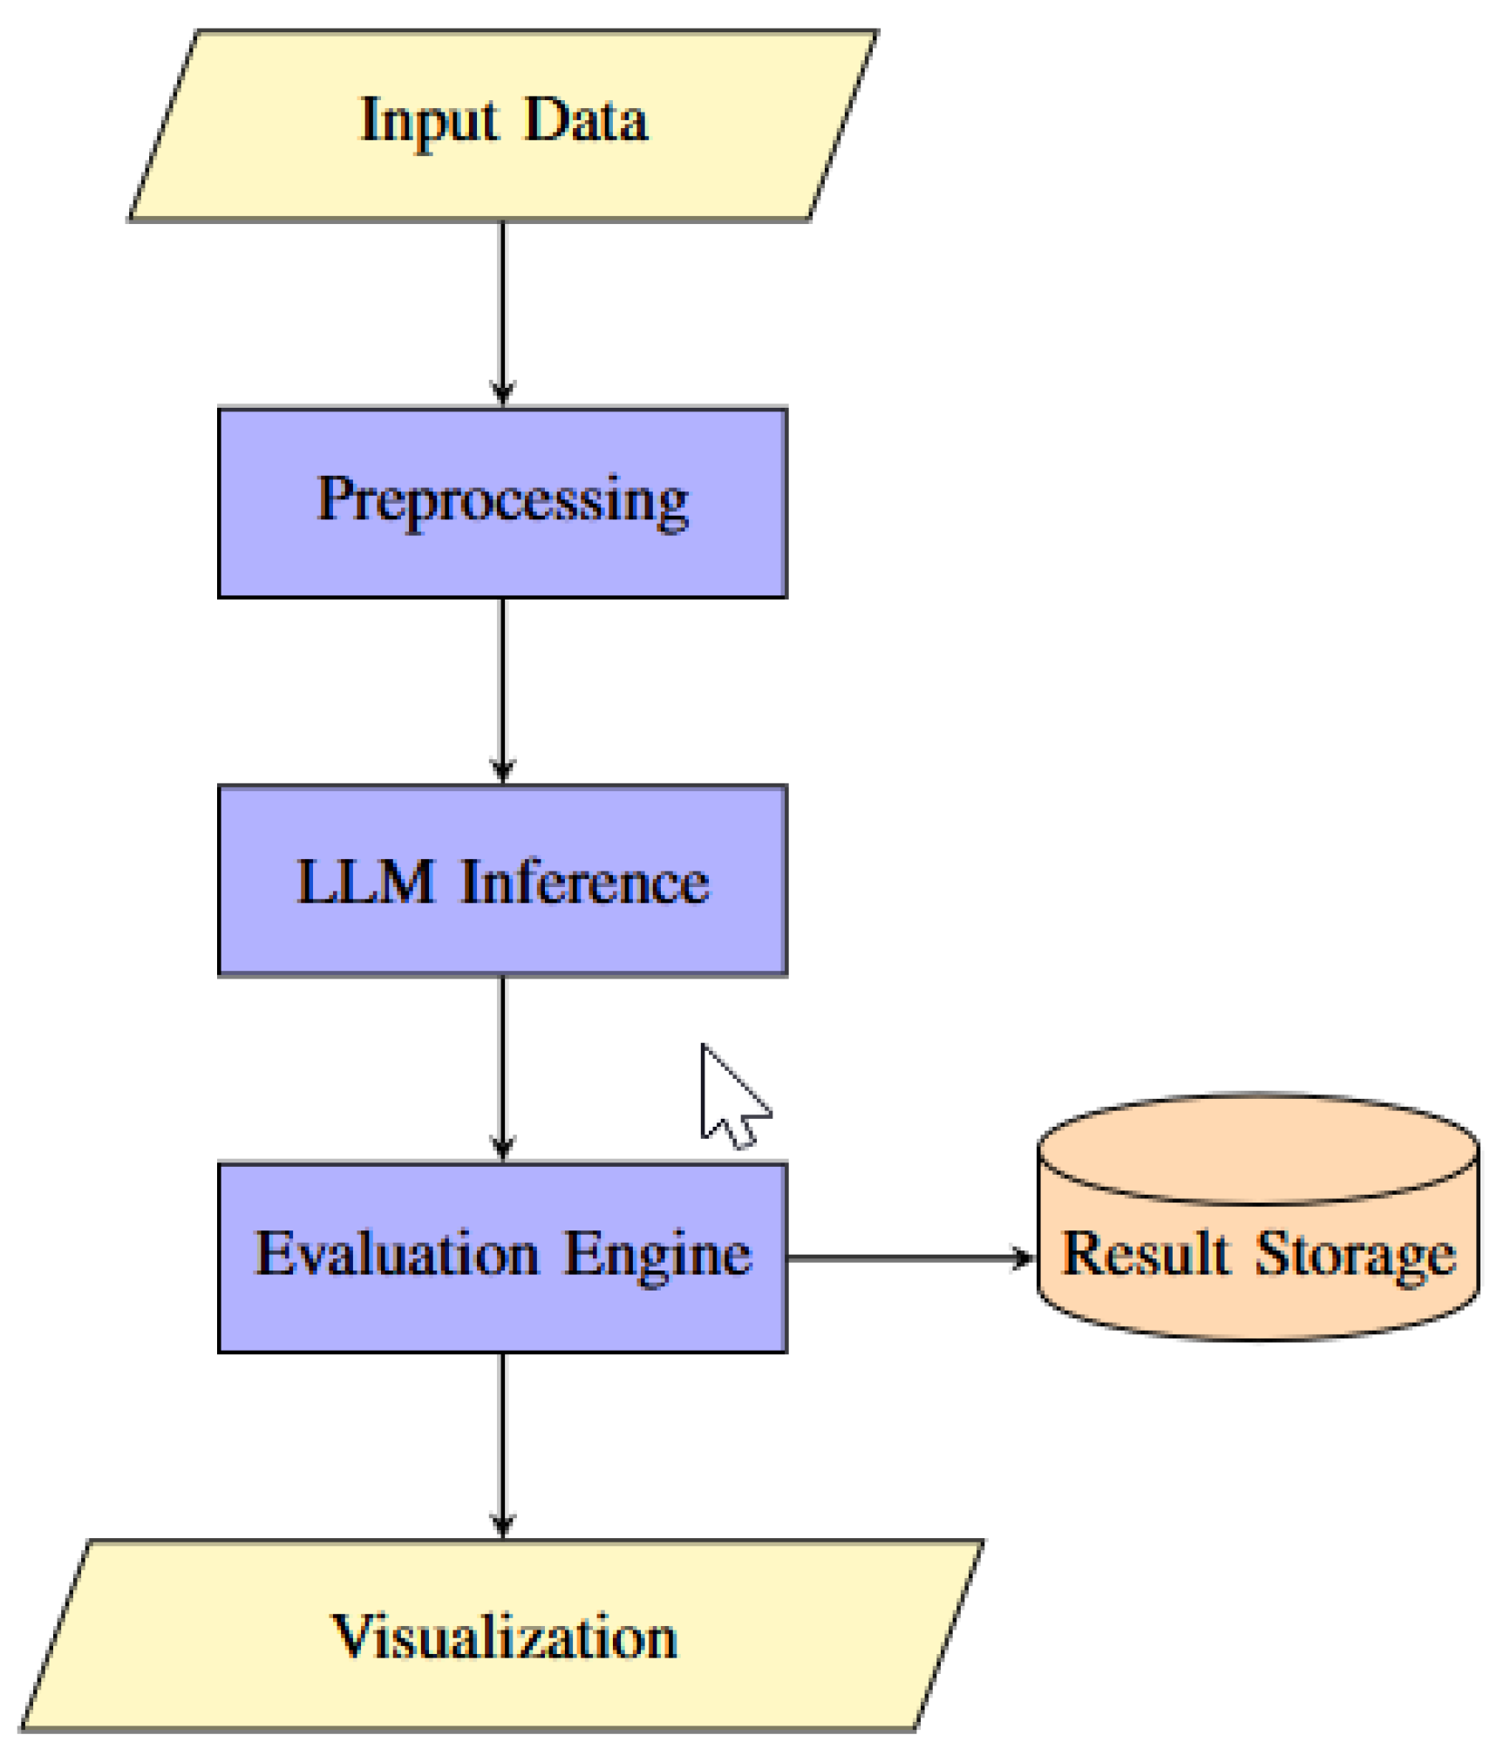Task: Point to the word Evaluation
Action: click(396, 1254)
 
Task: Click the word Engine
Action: click(657, 1256)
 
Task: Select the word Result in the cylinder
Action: click(1145, 1254)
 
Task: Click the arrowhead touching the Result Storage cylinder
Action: click(1023, 1257)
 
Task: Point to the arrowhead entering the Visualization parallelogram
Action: click(501, 1525)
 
